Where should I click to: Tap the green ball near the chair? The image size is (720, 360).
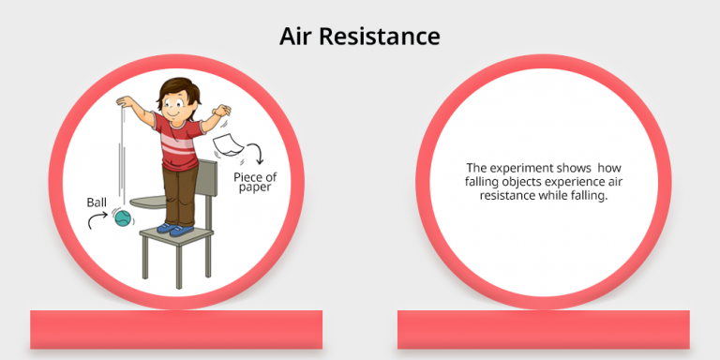coord(123,219)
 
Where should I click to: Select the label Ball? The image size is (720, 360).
coord(97,201)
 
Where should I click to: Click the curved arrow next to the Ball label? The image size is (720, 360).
coord(95,220)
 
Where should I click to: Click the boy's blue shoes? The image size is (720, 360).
coord(175,228)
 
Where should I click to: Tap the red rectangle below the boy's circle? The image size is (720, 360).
coord(176,330)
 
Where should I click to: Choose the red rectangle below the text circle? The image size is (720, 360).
coord(544,330)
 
